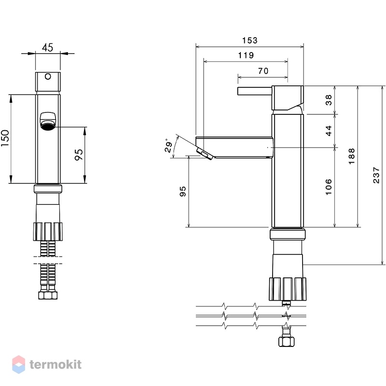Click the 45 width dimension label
(47, 47)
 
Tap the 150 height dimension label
(5, 138)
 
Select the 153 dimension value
(249, 41)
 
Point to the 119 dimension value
(246, 55)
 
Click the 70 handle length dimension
(263, 71)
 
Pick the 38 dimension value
(329, 100)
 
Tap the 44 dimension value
(329, 131)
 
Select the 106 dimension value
(329, 187)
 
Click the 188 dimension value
(352, 156)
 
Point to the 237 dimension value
(376, 175)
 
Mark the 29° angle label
(168, 145)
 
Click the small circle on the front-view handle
(48, 77)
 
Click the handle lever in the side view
(255, 91)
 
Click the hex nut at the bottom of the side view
(287, 342)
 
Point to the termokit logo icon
(19, 364)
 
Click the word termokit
(55, 365)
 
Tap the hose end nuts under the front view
(48, 295)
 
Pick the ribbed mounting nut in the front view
(48, 232)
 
